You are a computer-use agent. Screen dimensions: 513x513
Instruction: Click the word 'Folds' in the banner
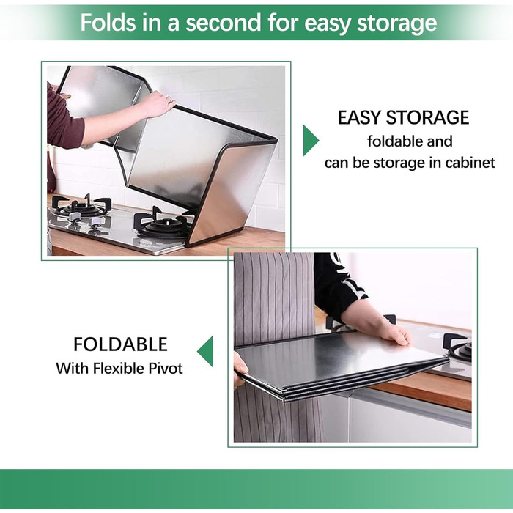point(108,22)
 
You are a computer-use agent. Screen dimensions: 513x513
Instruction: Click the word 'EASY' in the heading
point(359,118)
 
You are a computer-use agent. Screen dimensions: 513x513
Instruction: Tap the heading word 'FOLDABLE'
point(120,344)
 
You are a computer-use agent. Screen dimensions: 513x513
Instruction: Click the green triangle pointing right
point(309,141)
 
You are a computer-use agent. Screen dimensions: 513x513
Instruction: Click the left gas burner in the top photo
point(82,207)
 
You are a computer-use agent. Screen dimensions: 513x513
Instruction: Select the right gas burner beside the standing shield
point(163,223)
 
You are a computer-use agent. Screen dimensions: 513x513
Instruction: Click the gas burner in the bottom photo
point(458,347)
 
